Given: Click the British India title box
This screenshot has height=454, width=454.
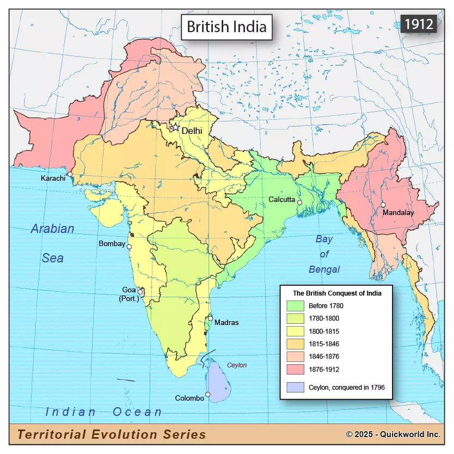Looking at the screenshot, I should [226, 27].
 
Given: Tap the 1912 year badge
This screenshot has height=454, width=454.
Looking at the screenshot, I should [418, 23].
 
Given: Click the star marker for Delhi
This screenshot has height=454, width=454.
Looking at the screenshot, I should [176, 127].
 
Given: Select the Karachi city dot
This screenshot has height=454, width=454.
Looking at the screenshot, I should [70, 174].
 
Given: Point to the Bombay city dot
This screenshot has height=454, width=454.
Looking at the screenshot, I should [129, 247].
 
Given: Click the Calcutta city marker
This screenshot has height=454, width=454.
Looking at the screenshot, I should [299, 202].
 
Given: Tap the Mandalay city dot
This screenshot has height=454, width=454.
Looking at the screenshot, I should [383, 205].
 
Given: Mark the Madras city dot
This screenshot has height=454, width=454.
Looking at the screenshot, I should [210, 318].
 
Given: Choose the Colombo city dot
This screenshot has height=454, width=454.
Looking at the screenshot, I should [207, 394].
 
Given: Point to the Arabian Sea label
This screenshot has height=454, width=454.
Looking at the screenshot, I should [52, 243].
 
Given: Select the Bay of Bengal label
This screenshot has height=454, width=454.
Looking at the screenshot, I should [324, 254].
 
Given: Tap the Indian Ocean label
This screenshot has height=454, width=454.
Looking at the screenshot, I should [103, 412].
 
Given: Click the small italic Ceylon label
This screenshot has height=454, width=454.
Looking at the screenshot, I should [237, 365].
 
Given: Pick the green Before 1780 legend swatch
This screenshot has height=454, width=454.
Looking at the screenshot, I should [296, 305].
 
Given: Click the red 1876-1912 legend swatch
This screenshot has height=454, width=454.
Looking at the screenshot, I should [296, 369].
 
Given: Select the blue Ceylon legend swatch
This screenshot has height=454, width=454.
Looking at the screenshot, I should [296, 387].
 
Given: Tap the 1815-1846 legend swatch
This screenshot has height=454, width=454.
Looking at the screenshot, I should [296, 343].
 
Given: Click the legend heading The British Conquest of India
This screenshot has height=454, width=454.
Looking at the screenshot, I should [337, 293].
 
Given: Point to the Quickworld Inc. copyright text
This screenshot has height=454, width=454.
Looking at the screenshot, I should [393, 434].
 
